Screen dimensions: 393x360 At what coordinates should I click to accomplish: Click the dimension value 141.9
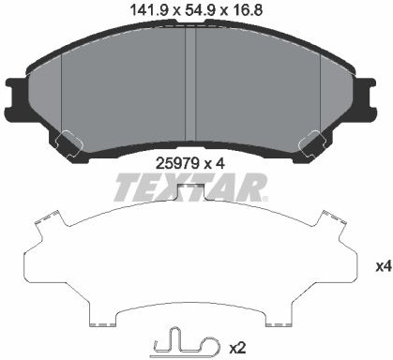[150, 10]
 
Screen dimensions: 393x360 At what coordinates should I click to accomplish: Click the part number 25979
[177, 163]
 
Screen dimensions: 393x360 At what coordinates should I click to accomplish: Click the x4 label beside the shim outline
[384, 266]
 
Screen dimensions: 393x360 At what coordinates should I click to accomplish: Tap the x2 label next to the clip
[237, 348]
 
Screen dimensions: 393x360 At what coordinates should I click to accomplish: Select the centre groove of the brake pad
[190, 84]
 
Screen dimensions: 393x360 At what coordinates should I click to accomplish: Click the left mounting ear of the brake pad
[16, 93]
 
